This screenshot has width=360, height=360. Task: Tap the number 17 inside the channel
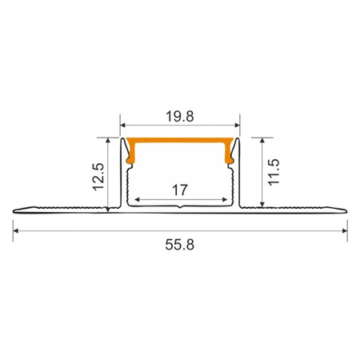tap(180, 190)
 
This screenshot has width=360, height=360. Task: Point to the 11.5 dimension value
tap(273, 171)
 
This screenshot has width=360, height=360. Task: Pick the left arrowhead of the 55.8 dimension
tap(16, 230)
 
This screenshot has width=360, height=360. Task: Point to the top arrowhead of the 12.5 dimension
tap(109, 140)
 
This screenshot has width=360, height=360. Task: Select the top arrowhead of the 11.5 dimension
tap(260, 140)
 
